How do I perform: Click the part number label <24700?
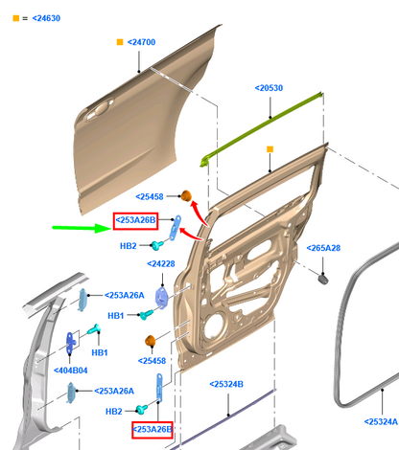point(141,42)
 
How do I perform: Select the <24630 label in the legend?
point(46,18)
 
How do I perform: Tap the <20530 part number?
point(269,88)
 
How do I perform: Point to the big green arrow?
point(82,228)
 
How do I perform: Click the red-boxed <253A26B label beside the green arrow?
point(135,220)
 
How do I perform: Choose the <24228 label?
point(161,264)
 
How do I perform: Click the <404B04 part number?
point(71,371)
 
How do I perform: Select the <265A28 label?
point(323,248)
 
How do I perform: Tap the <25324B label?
point(226,384)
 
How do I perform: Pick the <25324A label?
point(381,421)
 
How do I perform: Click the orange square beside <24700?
point(120,42)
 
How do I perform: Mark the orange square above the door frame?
point(270,149)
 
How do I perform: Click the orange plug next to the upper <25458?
point(186,195)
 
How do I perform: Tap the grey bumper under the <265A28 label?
point(323,279)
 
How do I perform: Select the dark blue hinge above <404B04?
point(70,343)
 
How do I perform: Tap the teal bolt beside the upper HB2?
point(156,245)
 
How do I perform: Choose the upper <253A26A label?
point(125,295)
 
